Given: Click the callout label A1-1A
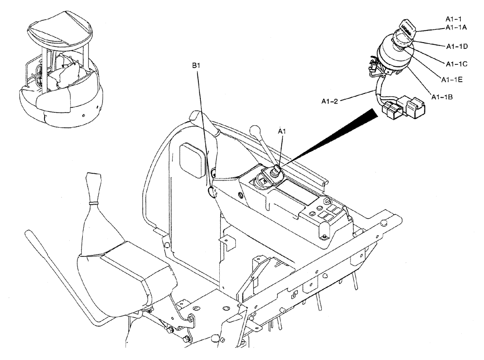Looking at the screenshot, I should coord(456,28).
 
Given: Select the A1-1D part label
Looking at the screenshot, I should coord(456,46).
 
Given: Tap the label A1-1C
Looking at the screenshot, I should coord(456,63).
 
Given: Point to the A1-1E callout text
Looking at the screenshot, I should coord(451,79).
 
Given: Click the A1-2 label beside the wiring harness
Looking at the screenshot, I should coord(331,101).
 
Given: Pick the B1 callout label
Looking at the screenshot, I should coord(196,65).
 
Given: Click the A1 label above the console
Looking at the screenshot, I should coord(282,131).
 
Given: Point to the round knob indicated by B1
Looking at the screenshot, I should coord(212,192).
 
